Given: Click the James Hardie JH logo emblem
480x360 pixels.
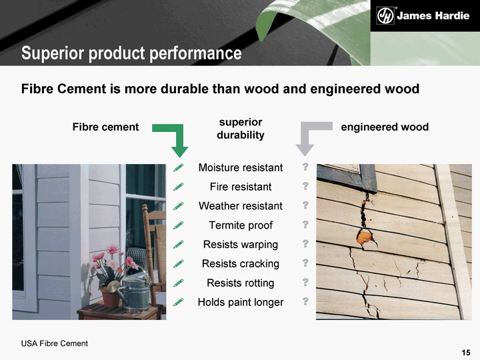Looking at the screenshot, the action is point(385,15).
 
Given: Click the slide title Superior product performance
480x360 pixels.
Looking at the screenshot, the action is point(131,53).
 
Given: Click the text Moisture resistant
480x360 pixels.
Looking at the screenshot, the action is point(241,167).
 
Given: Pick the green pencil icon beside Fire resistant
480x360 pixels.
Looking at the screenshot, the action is point(178,187).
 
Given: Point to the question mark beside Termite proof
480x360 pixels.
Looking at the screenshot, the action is point(305,225).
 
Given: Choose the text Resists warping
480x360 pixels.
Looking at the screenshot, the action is point(241,245).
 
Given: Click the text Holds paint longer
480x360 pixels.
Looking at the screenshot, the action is point(241,303).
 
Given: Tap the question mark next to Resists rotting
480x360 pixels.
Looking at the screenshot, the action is point(305,282).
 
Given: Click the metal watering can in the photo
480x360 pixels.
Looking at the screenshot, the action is point(131,293).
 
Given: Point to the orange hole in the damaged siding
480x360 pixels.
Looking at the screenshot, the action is point(364,237).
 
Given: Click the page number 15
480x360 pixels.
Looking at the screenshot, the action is point(466,353).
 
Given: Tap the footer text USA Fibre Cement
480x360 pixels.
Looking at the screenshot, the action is point(55,343).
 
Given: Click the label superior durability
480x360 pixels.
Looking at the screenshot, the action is point(241,129).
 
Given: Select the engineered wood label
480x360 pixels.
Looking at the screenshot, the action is point(385,127).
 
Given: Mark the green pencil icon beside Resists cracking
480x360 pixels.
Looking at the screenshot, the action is point(178,263).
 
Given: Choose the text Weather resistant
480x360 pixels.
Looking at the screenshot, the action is point(241,206).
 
